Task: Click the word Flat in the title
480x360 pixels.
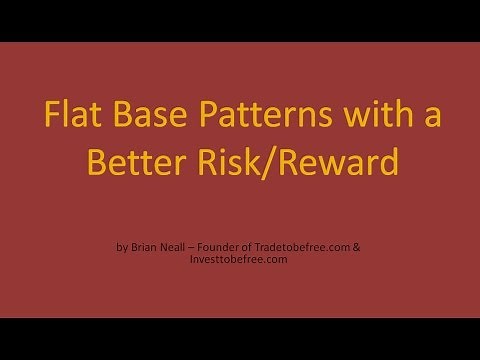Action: click(71, 118)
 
